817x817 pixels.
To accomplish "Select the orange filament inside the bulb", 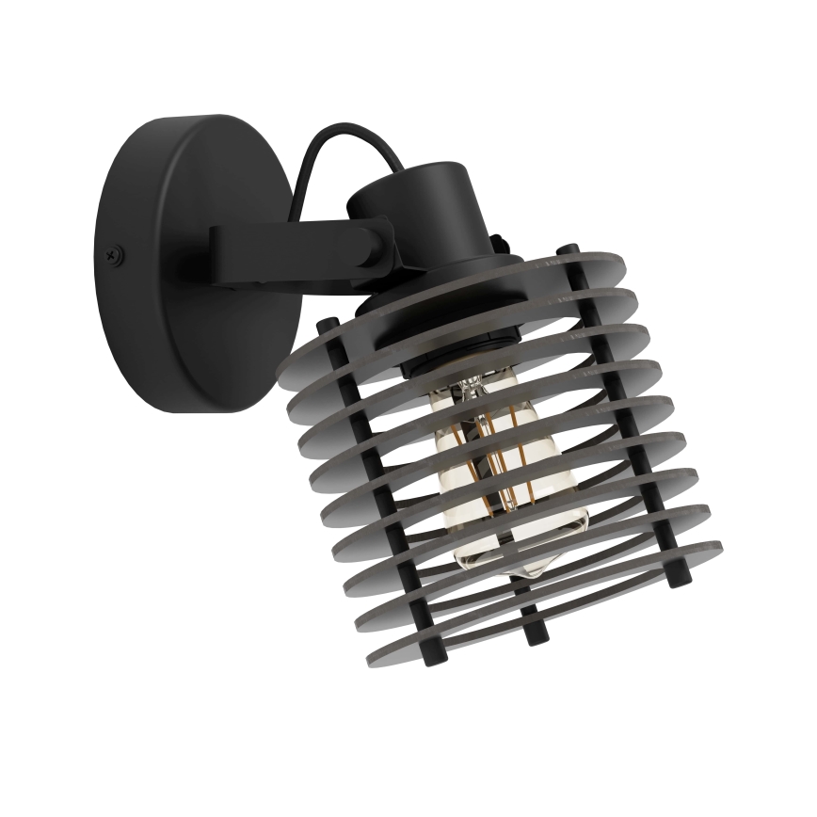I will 494,452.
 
